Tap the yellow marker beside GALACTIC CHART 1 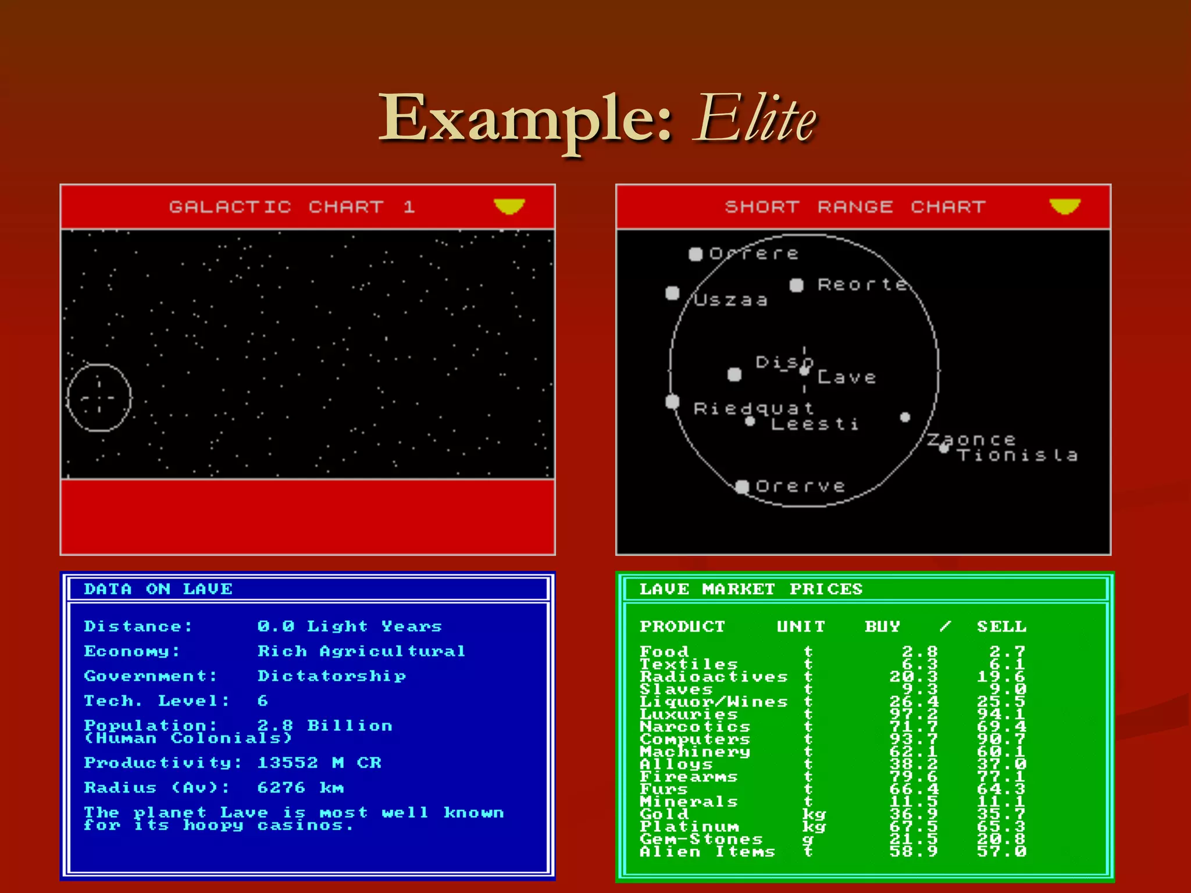click(509, 206)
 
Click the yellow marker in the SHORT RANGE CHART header click(1065, 206)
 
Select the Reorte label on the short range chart click(862, 284)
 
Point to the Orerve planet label click(800, 486)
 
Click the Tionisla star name click(1018, 455)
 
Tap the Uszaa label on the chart click(731, 300)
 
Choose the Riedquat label click(754, 408)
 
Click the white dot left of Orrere click(696, 254)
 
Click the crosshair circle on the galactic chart click(99, 398)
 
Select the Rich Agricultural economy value click(361, 651)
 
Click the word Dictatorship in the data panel click(331, 676)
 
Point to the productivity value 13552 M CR click(319, 763)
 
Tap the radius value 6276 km click(300, 788)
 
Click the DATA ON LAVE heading click(158, 589)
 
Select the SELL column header click(1001, 627)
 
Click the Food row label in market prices click(664, 651)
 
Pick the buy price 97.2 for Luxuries click(914, 714)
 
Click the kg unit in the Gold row click(814, 814)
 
